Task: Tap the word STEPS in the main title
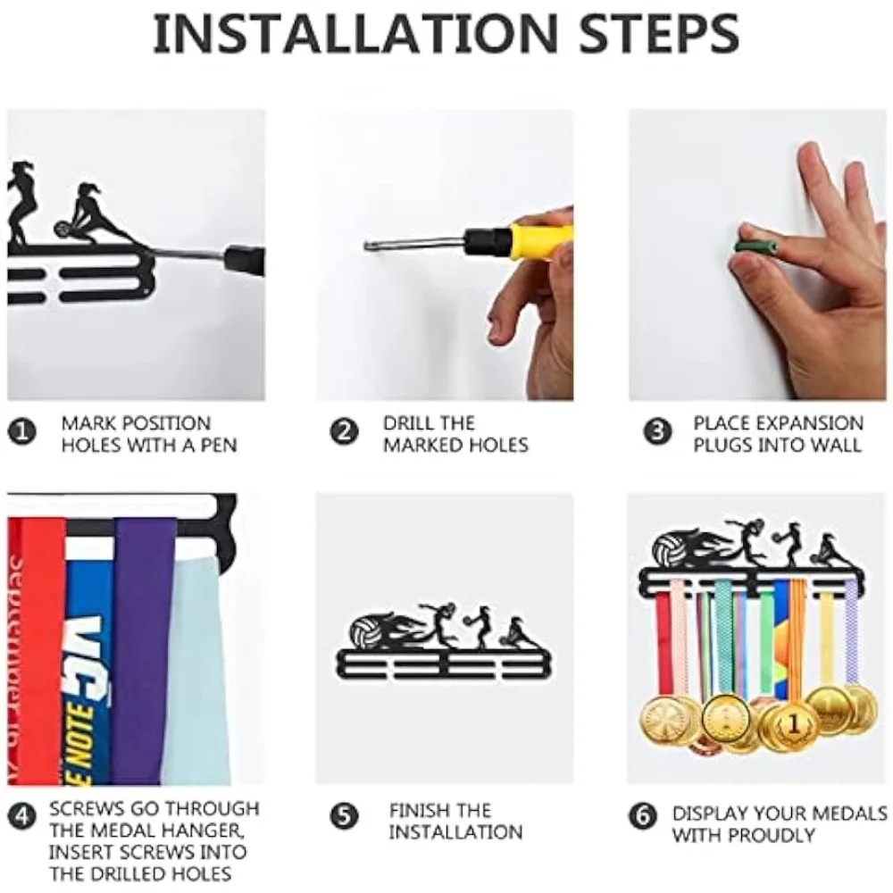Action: (659, 34)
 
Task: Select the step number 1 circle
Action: (22, 433)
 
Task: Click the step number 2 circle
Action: (345, 433)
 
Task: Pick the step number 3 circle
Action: (657, 433)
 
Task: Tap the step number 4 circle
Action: (22, 817)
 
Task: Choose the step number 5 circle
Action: (345, 817)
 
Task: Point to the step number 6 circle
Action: (643, 817)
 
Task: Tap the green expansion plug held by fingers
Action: (756, 246)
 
